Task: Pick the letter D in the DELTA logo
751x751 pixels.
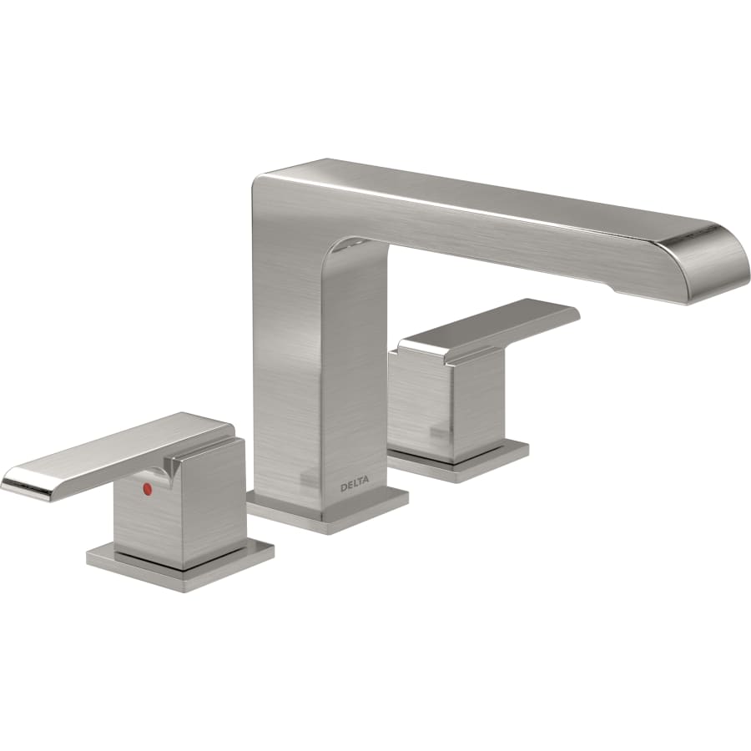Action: click(x=342, y=486)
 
